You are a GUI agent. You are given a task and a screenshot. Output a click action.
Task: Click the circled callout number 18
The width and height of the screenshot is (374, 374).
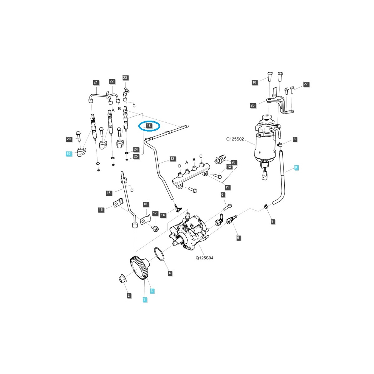click(x=149, y=126)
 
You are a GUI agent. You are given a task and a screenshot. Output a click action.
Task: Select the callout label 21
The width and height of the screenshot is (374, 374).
click(x=96, y=83)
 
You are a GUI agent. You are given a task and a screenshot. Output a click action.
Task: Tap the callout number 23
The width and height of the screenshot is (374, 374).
click(x=125, y=78)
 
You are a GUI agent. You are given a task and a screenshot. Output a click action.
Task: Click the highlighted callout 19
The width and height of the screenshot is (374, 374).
click(x=69, y=154)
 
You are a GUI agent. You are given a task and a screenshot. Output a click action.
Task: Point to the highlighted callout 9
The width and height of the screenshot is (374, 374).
click(x=296, y=168)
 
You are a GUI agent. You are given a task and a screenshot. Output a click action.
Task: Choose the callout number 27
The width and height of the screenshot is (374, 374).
click(x=306, y=84)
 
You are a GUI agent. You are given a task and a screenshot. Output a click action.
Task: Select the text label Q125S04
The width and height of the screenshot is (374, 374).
click(x=204, y=258)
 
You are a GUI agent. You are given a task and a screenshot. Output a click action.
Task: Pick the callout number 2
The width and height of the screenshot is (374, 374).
click(x=129, y=295)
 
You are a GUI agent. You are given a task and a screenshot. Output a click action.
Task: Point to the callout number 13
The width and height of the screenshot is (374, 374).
click(x=172, y=159)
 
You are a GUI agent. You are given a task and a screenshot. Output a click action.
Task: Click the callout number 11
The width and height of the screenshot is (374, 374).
click(x=227, y=187)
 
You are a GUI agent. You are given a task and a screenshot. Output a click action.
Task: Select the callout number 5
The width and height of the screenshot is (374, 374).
click(x=238, y=238)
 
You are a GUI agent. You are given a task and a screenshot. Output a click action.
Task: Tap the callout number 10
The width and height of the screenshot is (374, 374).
click(x=254, y=82)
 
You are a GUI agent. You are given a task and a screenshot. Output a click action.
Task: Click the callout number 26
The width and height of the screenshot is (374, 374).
click(x=252, y=105)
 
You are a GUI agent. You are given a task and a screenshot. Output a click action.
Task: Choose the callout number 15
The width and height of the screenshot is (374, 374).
click(x=108, y=193)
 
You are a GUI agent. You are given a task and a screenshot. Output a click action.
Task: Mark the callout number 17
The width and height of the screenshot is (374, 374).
click(x=155, y=213)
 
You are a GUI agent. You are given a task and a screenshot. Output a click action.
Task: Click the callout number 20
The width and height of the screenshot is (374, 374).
click(x=69, y=139)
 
